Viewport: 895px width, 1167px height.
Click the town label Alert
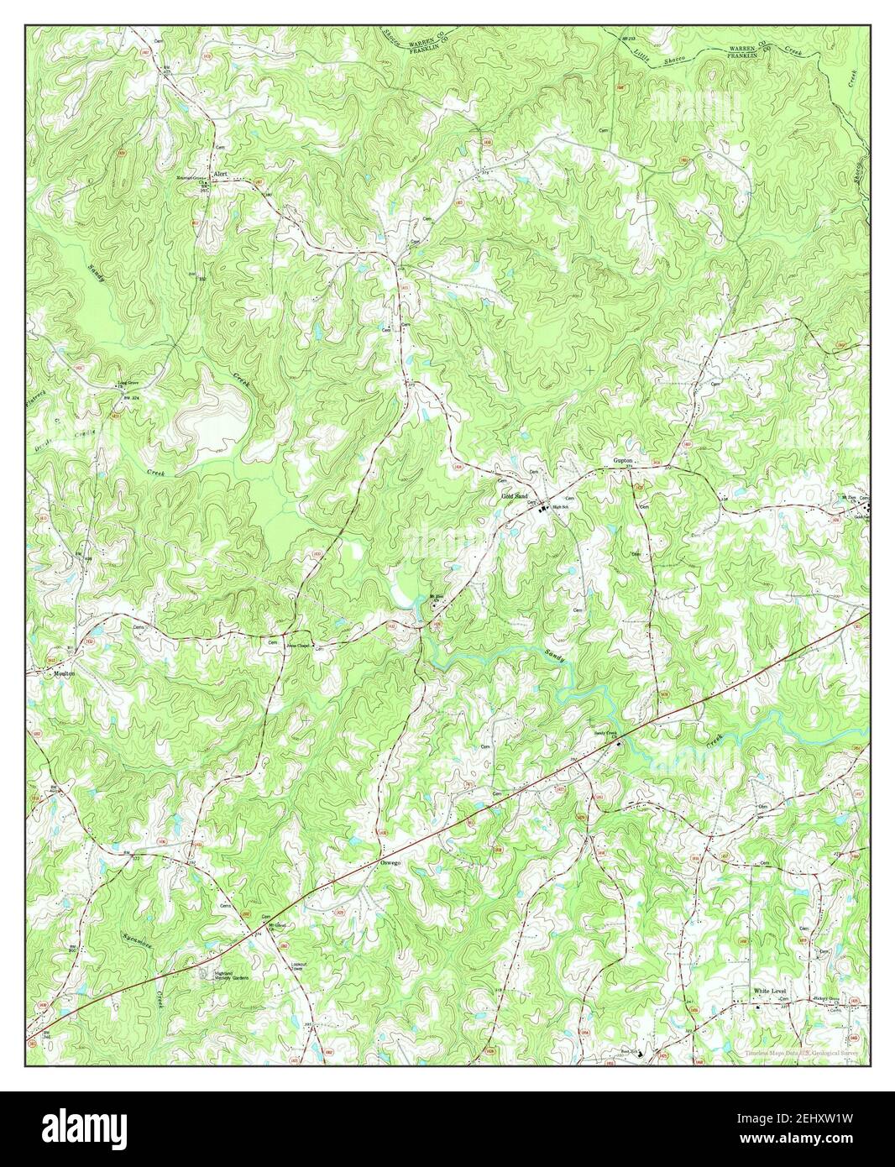coord(221,174)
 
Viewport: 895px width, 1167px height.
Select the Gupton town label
coord(622,462)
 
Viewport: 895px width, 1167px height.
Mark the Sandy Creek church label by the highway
coord(605,733)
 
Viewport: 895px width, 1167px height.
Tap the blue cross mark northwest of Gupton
coord(590,369)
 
